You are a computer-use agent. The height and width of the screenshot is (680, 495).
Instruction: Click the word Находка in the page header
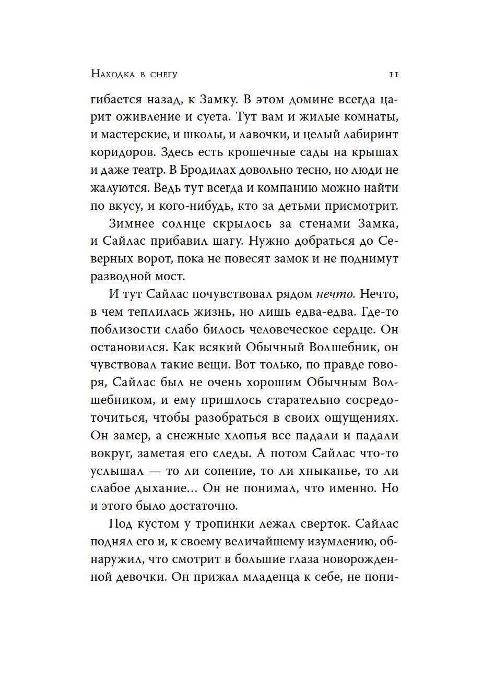point(112,75)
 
